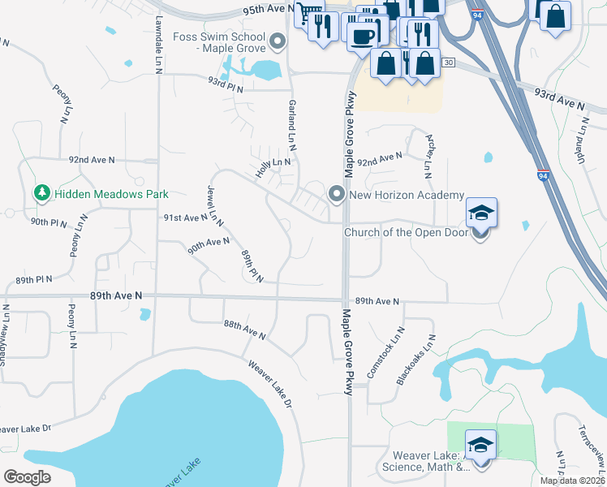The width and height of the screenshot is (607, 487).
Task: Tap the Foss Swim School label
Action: (x=220, y=44)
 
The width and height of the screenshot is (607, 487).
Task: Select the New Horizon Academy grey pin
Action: (x=337, y=194)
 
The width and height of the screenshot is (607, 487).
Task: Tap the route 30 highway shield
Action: (x=448, y=62)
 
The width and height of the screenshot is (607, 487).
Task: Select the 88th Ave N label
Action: (x=245, y=330)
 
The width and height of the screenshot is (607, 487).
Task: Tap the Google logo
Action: (x=28, y=477)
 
